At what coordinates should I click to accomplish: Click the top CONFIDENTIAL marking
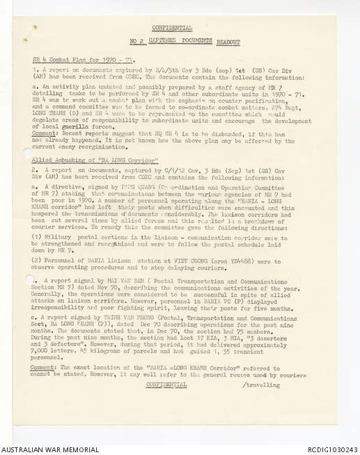(172, 29)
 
